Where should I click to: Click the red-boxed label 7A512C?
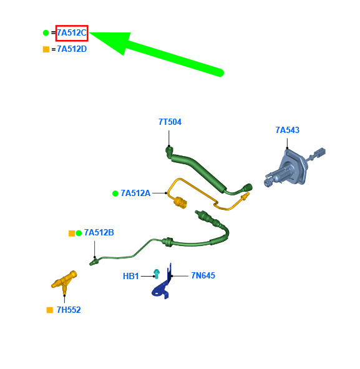[x=72, y=33]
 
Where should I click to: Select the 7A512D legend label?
[x=72, y=49]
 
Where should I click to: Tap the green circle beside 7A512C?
[x=46, y=33]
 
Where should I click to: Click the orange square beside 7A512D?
[x=46, y=49]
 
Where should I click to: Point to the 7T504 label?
[x=170, y=122]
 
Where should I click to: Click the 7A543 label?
[x=288, y=130]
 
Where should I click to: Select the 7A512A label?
[x=135, y=193]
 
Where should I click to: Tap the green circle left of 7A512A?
[x=115, y=194]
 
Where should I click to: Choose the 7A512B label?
[x=99, y=232]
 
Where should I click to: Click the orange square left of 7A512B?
[x=72, y=234]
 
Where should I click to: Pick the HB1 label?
[x=131, y=276]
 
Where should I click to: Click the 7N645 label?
[x=203, y=275]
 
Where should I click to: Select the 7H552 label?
[x=69, y=310]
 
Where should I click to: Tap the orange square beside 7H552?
[x=50, y=310]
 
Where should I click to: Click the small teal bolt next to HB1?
[x=157, y=274]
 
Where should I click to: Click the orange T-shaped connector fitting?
[x=64, y=282]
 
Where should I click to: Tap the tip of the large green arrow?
[x=90, y=33]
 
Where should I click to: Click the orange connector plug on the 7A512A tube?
[x=180, y=203]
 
